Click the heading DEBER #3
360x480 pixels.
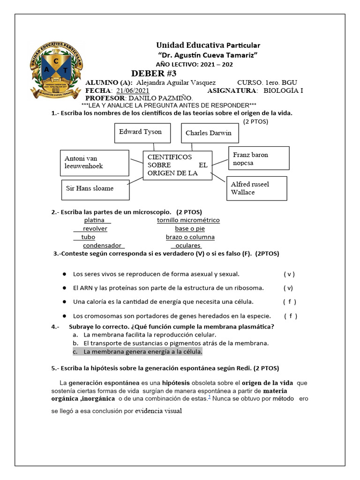coord(154,73)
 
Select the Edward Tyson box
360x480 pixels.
coord(140,132)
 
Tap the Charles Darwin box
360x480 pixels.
coord(209,133)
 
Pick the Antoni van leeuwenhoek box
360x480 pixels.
coord(94,163)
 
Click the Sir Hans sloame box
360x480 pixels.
coord(95,189)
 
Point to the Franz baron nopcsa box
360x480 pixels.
coord(258,158)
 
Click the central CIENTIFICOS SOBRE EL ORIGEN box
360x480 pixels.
coord(177,165)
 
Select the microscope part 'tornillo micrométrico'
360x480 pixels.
coord(188,220)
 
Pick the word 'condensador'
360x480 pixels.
coord(102,245)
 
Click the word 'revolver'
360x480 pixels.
coord(95,228)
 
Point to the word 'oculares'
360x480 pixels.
coord(187,245)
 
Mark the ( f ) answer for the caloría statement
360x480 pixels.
coord(289,301)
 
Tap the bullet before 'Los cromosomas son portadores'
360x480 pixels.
coord(64,315)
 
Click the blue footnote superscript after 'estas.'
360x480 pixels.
coord(209,397)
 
